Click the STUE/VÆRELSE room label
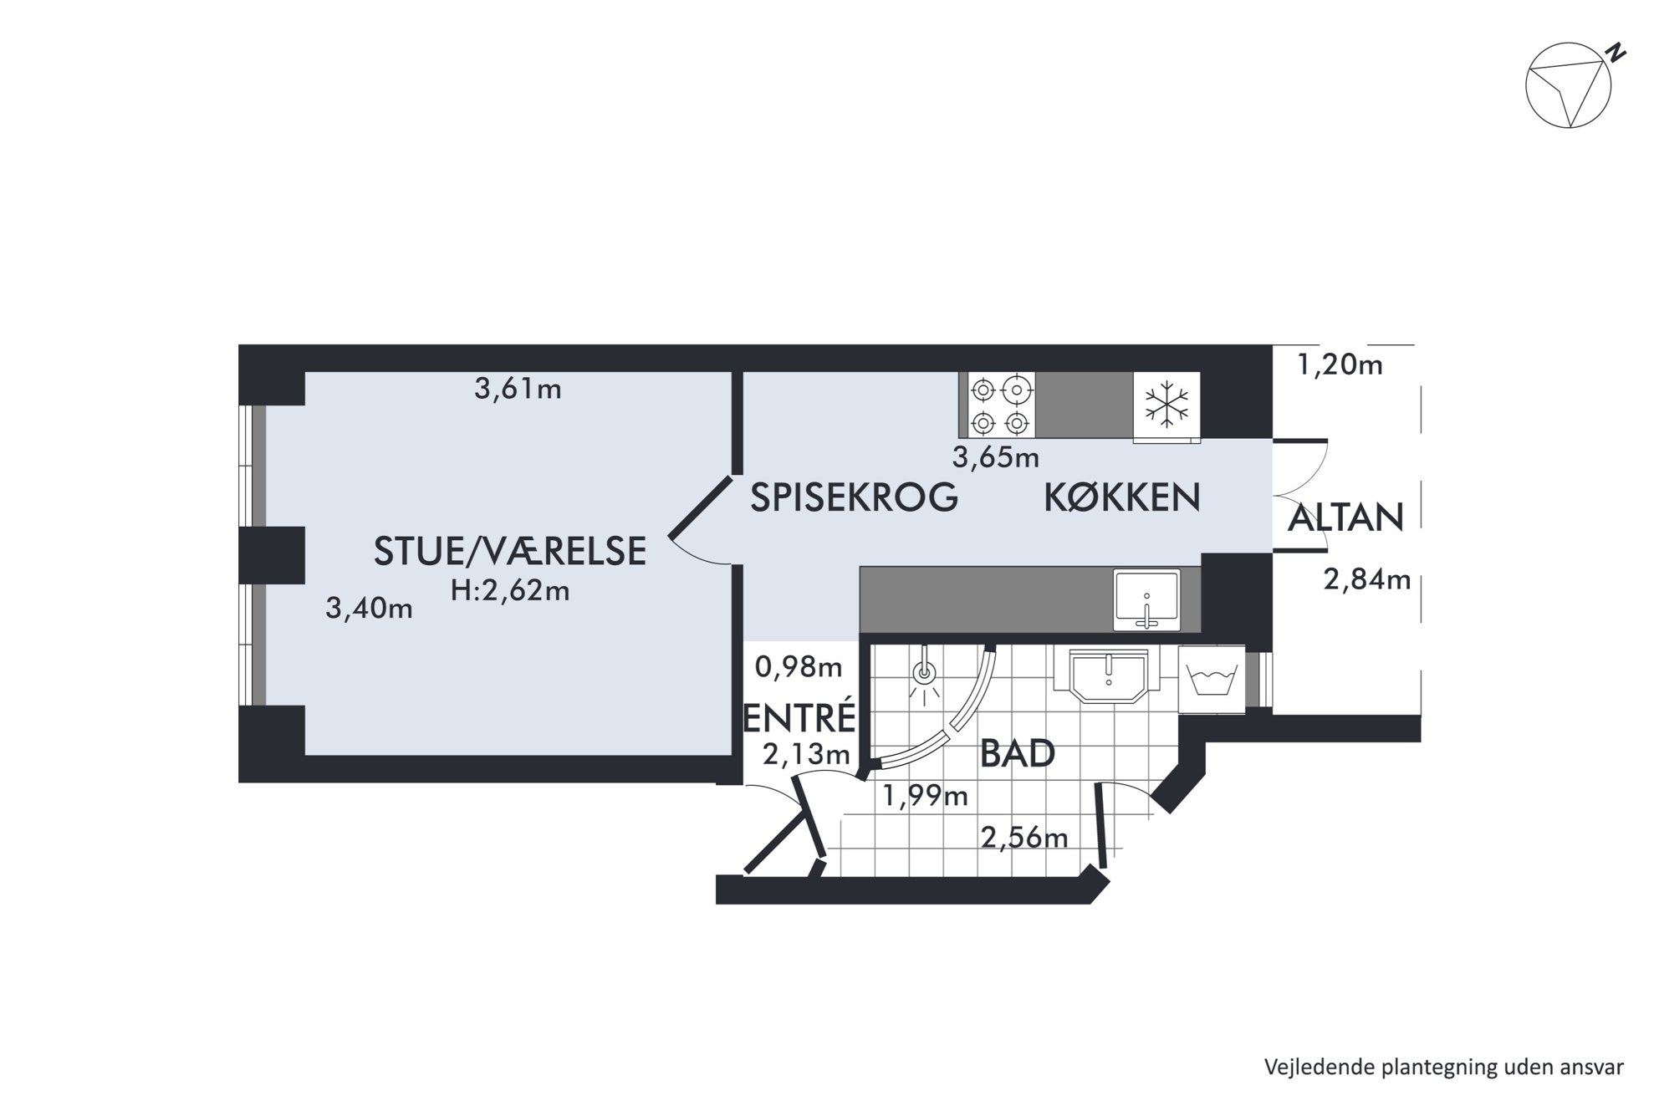[510, 551]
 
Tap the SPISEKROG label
[854, 497]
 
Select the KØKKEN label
[1122, 497]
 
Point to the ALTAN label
[1345, 518]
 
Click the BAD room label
[1017, 754]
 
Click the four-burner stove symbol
[1001, 405]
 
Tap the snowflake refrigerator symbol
[1166, 406]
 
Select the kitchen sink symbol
[1146, 599]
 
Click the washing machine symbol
[1212, 679]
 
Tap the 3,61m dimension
[518, 389]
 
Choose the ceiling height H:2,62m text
[510, 591]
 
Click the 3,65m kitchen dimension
[996, 457]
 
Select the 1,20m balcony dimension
[1340, 364]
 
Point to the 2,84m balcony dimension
[1367, 579]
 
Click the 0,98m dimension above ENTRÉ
[799, 667]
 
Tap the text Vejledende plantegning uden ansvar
[1444, 1068]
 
